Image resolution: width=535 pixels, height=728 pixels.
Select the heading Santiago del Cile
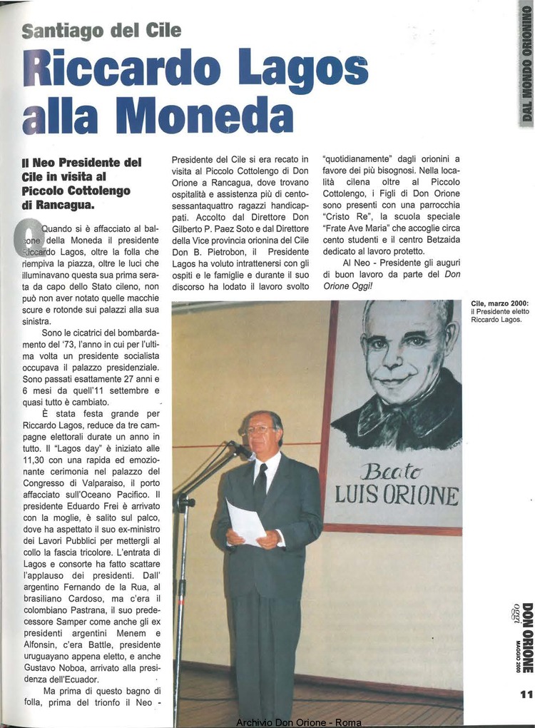click(101, 31)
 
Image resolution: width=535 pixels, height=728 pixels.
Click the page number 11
click(526, 694)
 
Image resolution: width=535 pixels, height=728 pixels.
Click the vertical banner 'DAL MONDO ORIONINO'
click(527, 64)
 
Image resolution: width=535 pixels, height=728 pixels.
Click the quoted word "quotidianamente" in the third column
click(357, 159)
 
